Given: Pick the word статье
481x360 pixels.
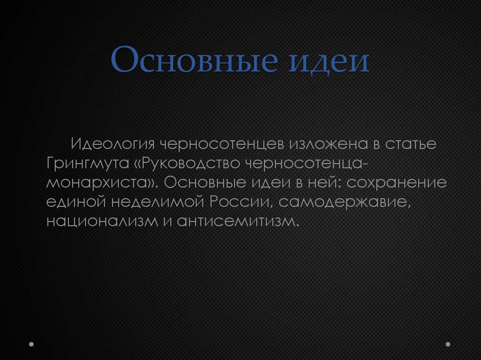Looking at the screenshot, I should pyautogui.click(x=411, y=144).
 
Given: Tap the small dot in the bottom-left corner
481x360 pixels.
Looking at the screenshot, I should pyautogui.click(x=31, y=344).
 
